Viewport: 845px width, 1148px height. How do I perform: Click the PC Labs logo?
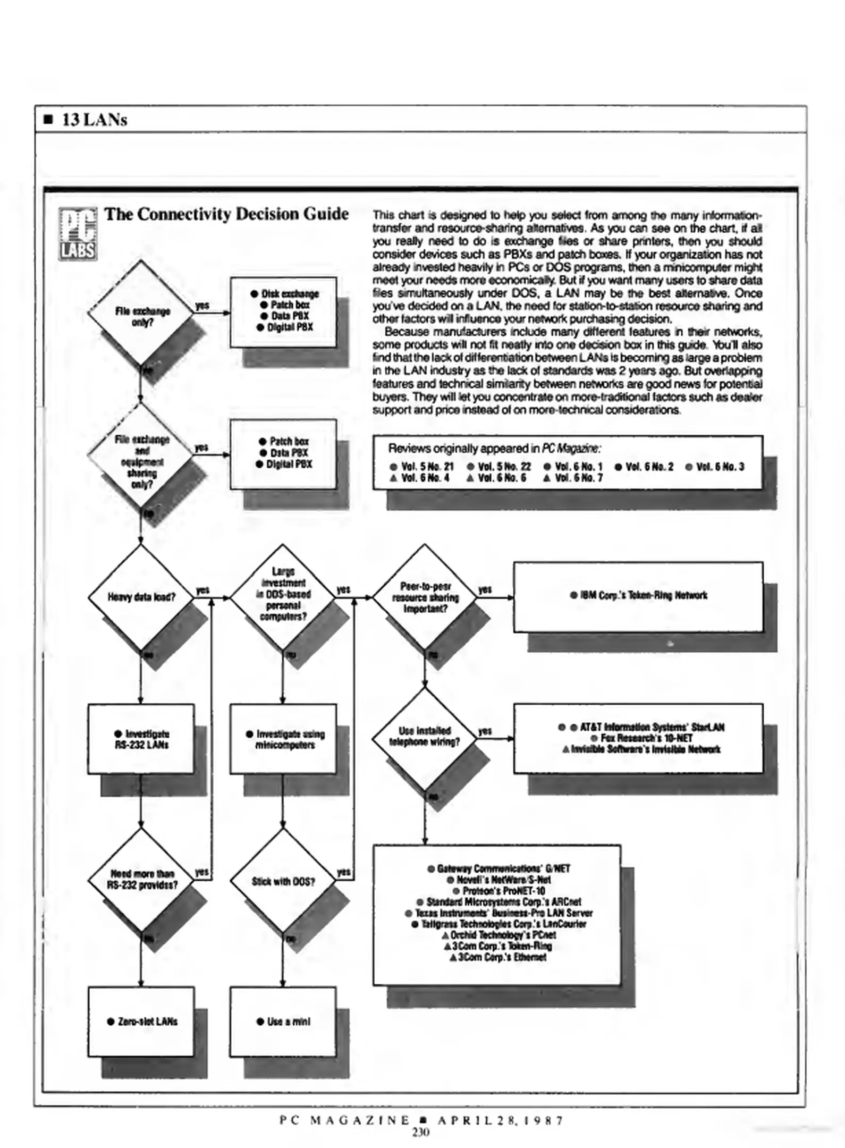[x=78, y=233]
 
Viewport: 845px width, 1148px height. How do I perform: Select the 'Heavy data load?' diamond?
[x=141, y=597]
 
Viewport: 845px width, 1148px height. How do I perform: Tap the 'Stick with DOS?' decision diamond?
[x=283, y=881]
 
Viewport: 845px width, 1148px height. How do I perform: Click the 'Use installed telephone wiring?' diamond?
[x=425, y=737]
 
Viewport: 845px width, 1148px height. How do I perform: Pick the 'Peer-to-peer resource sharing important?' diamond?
[x=425, y=597]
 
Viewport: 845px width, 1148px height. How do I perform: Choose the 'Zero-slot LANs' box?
[x=141, y=1022]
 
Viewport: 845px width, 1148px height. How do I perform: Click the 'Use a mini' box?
[x=283, y=1022]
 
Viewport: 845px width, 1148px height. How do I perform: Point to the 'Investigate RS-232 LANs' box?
[x=141, y=739]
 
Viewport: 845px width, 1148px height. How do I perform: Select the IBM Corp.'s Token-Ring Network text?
[x=638, y=595]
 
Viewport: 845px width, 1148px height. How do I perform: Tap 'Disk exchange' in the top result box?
[x=289, y=294]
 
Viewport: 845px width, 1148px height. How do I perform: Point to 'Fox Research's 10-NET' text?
[x=646, y=738]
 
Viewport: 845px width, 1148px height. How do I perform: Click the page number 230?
[x=420, y=1132]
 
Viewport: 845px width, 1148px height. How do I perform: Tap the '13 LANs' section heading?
[x=94, y=120]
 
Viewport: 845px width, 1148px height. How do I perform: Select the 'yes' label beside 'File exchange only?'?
[x=202, y=306]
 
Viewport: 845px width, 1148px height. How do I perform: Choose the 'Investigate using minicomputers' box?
[x=284, y=739]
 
